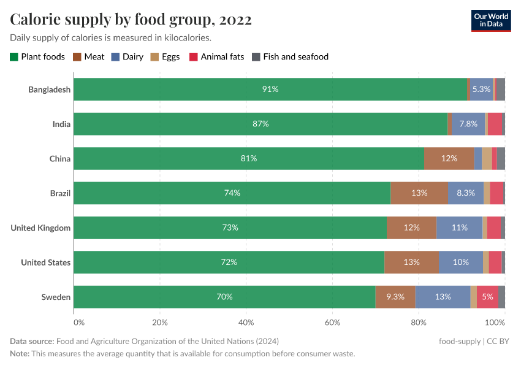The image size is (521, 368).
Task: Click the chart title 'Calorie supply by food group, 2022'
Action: tap(131, 20)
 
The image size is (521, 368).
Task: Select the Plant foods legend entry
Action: tap(37, 57)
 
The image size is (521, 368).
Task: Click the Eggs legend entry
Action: tap(165, 57)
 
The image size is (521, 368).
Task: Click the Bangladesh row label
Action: tap(49, 90)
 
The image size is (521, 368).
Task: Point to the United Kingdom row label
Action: tap(40, 228)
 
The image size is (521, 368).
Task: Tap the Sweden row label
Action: tap(56, 297)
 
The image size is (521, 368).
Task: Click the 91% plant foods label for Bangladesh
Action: tap(270, 90)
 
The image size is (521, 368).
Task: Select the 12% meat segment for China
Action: tap(449, 159)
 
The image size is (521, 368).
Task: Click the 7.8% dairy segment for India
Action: tap(468, 124)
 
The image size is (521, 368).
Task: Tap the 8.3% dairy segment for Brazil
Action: tap(466, 193)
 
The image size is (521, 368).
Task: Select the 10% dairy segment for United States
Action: tap(461, 263)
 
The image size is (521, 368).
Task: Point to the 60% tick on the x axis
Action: tap(332, 322)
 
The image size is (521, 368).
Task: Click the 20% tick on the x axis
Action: tap(160, 322)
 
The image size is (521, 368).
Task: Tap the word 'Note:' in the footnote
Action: tap(21, 354)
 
